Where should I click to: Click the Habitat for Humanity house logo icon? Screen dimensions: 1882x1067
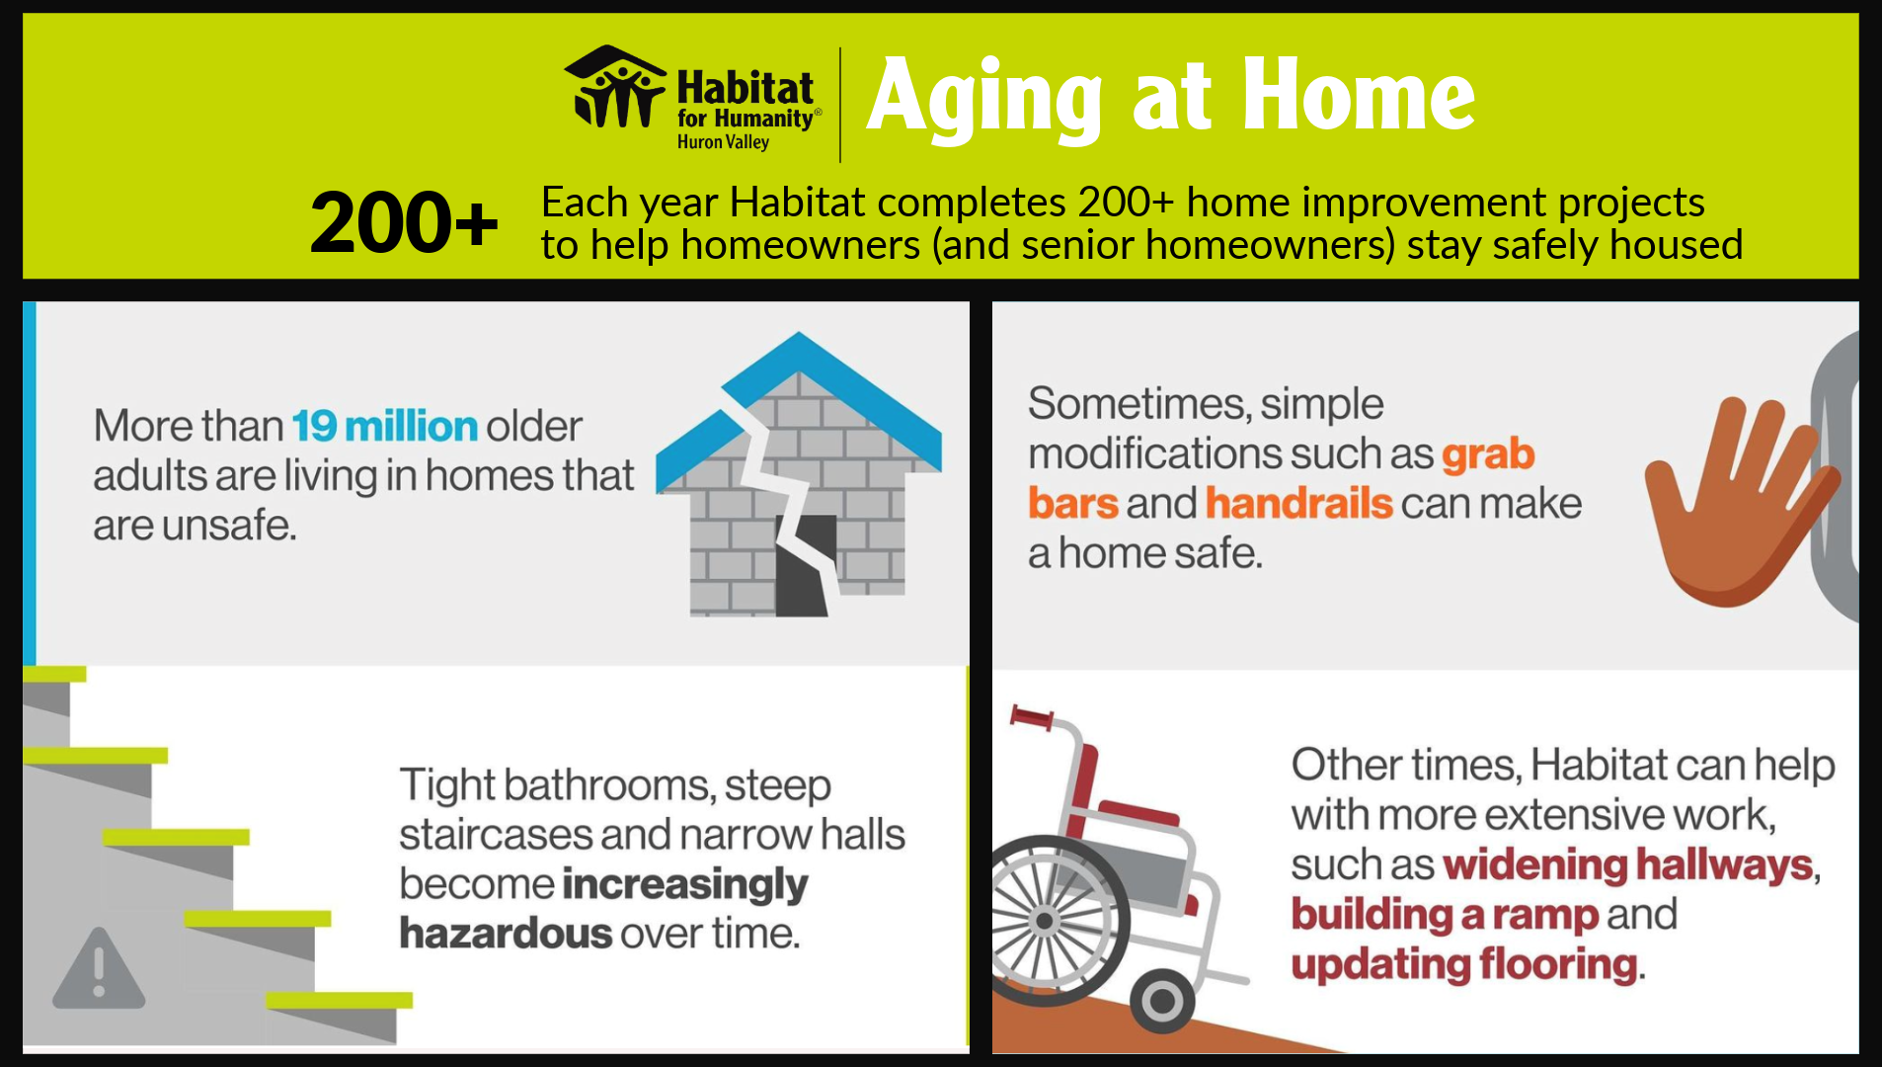coord(615,87)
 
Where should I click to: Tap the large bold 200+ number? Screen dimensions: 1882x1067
coord(404,222)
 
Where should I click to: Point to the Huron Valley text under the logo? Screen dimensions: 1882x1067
coord(723,141)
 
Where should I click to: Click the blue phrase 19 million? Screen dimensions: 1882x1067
coord(385,426)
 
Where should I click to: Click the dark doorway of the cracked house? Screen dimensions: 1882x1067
coord(803,568)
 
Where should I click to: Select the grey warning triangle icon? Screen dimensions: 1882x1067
coord(99,969)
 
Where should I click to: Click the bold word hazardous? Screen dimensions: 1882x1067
coord(506,934)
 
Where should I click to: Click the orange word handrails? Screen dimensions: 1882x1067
coord(1298,503)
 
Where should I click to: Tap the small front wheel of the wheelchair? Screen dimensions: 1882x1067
coord(1162,1001)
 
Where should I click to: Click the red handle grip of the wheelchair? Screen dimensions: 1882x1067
coord(1031,718)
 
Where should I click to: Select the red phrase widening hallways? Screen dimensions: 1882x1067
coord(1628,865)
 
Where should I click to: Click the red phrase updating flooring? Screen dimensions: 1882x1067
coord(1464,964)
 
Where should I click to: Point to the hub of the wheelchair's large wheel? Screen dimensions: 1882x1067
coord(1044,921)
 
